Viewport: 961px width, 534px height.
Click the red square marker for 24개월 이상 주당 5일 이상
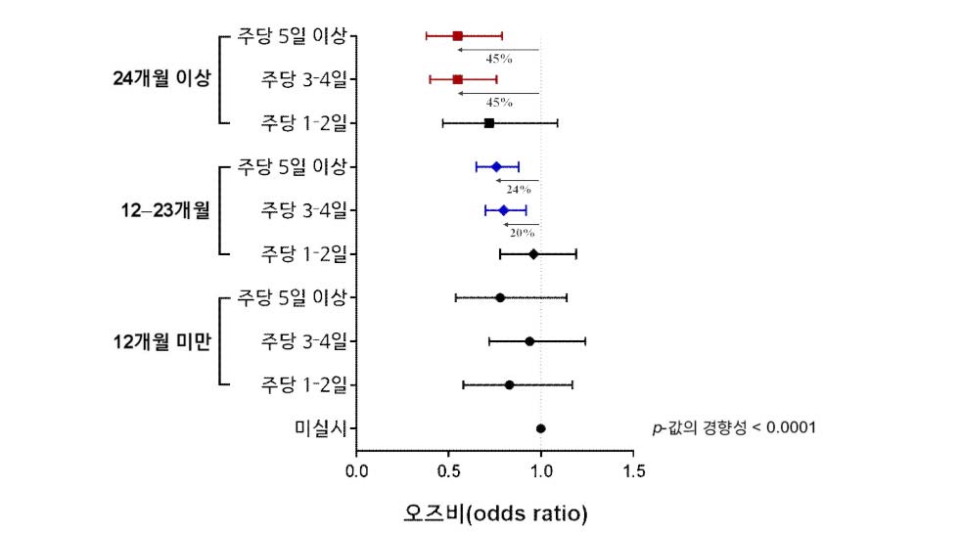pos(458,35)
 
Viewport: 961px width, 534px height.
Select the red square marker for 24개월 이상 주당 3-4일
pos(458,79)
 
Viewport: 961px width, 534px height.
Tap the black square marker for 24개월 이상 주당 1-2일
pos(489,123)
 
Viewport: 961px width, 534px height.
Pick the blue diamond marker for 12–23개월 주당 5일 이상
pos(496,167)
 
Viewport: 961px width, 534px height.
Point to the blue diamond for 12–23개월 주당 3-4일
pos(504,210)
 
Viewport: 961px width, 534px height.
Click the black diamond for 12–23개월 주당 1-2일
pos(533,254)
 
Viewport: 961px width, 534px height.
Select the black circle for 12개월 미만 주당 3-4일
pos(529,341)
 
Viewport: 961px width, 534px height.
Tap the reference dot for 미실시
pos(540,428)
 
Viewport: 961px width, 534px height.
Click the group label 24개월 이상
pos(161,79)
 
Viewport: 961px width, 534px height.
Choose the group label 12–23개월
pos(161,210)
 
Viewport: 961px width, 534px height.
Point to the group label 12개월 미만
pos(161,341)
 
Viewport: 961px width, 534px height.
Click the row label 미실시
pos(320,428)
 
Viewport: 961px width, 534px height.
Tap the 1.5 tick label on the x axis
pos(633,471)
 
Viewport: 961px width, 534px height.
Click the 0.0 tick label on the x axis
pos(357,471)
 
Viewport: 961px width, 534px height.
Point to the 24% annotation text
pos(519,189)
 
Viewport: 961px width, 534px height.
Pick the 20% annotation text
pos(521,233)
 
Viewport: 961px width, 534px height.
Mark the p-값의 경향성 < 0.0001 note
pos(734,428)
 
